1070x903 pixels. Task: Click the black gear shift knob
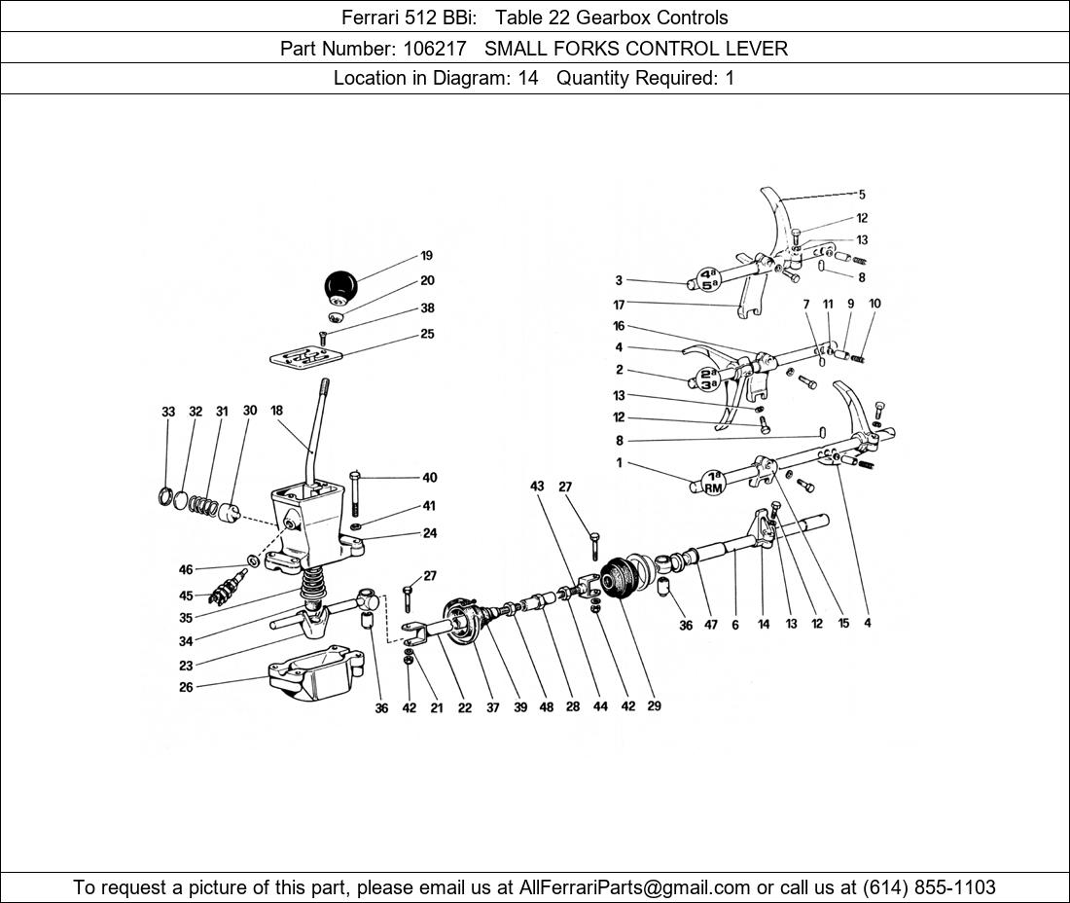340,287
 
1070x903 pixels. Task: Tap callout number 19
426,256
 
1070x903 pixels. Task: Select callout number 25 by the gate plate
427,334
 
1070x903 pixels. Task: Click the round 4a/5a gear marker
709,279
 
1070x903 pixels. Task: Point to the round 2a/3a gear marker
707,379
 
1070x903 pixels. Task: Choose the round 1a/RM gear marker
713,482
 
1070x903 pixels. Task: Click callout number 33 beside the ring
168,412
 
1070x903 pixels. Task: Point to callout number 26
186,687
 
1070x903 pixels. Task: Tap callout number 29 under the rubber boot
654,705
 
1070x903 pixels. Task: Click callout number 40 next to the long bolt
429,478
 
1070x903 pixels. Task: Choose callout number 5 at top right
861,195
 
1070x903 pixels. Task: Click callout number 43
537,486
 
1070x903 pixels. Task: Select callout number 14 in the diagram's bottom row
764,624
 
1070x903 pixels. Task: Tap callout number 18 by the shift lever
276,411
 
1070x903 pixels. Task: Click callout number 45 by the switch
186,596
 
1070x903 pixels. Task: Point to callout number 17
619,305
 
